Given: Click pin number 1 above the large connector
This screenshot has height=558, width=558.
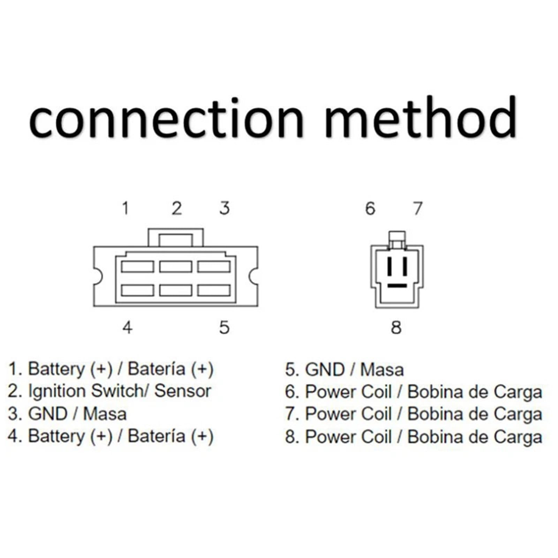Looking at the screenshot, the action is click(126, 208).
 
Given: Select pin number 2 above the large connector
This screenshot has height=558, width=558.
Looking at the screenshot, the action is click(177, 208).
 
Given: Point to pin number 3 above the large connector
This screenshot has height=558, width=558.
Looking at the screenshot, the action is click(225, 208).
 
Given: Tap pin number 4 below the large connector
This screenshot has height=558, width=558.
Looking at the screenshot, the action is click(128, 327).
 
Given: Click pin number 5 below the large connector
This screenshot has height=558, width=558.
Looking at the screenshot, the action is click(224, 327).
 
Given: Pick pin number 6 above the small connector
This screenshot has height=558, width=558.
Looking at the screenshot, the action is click(370, 208).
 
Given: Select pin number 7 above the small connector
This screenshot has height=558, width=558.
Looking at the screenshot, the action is click(418, 208).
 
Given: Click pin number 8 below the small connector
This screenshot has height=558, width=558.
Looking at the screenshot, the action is click(396, 327).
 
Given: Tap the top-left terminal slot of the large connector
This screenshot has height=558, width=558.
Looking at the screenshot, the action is click(137, 266).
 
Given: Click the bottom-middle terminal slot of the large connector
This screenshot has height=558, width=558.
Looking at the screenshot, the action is click(176, 290).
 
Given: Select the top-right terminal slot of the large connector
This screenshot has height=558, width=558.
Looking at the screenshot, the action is click(214, 266).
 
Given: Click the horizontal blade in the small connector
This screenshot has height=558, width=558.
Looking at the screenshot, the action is click(397, 286).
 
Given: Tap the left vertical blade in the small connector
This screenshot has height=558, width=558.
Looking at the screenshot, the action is click(390, 266).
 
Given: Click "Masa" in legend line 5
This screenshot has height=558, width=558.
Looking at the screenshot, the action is click(382, 370).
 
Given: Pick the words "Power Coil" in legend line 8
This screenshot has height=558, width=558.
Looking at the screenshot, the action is click(348, 437).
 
